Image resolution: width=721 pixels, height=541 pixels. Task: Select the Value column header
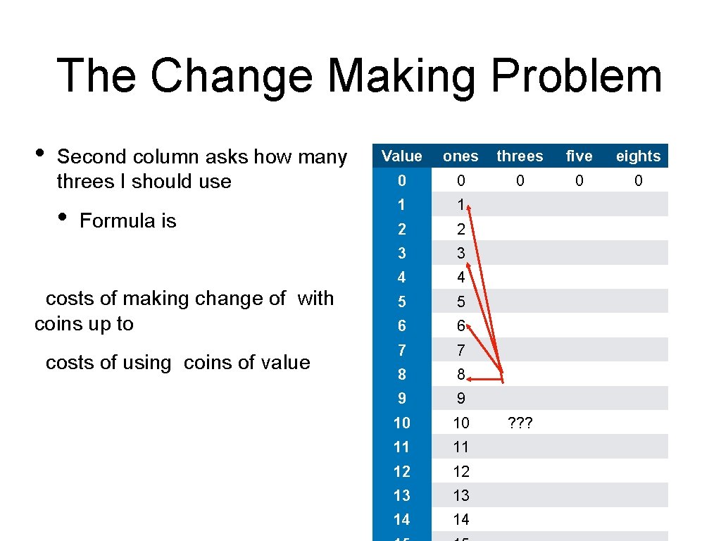click(401, 156)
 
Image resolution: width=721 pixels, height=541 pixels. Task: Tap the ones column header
click(460, 156)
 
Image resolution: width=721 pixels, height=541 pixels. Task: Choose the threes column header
click(520, 156)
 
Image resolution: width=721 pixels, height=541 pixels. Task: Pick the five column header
click(579, 156)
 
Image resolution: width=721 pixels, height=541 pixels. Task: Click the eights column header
click(638, 156)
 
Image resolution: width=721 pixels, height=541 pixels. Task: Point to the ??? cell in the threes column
click(520, 423)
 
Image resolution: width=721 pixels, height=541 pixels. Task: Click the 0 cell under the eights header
click(638, 181)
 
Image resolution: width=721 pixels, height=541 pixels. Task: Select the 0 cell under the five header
click(579, 181)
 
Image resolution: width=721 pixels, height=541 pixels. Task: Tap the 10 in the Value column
click(401, 423)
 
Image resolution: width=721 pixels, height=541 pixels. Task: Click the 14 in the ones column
click(460, 520)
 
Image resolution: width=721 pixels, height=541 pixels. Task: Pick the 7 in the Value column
click(401, 350)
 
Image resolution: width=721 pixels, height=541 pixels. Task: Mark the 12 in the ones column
click(460, 471)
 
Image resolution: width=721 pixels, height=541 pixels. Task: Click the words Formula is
click(127, 221)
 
